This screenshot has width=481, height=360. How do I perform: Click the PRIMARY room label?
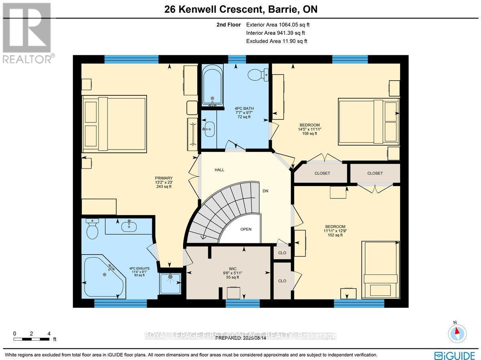[x=164, y=178]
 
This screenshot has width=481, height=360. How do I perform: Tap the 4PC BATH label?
[x=244, y=108]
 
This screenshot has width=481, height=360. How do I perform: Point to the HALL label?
[x=219, y=170]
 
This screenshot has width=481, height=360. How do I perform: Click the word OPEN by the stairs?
[x=246, y=229]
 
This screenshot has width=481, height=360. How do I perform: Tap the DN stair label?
[x=265, y=191]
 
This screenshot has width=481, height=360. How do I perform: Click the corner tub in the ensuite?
[x=103, y=276]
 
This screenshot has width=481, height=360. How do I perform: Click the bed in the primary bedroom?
[x=114, y=123]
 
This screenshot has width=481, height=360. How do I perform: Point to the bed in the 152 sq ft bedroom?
[x=380, y=269]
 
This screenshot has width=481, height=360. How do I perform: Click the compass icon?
[x=457, y=333]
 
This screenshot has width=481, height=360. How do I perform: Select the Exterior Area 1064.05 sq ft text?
[x=278, y=24]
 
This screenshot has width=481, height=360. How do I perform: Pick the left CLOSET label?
[x=322, y=173]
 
